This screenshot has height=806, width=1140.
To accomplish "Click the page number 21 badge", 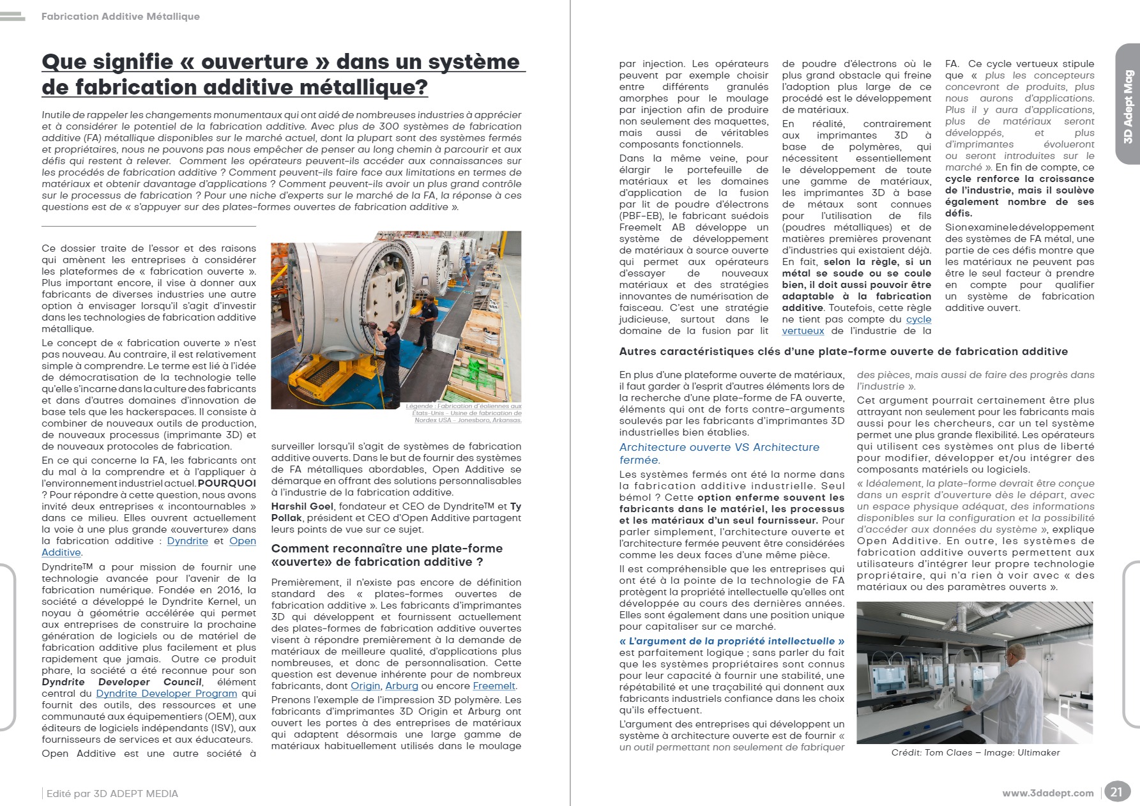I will (1116, 792).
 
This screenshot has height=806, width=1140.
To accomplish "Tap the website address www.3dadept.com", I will (1047, 793).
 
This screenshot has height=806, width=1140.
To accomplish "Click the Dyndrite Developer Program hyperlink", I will (166, 694).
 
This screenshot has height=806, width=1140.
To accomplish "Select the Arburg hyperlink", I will (402, 686).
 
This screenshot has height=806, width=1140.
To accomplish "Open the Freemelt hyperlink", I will (494, 686).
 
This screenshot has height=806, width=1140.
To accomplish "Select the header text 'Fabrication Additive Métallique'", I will (121, 17).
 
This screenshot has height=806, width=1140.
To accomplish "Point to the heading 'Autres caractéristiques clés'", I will (843, 351).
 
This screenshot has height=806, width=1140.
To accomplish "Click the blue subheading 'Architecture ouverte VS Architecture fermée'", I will (719, 453).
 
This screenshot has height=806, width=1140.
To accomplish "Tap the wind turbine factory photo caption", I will (464, 413).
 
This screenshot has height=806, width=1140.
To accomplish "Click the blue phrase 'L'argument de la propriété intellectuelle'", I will (732, 641).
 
